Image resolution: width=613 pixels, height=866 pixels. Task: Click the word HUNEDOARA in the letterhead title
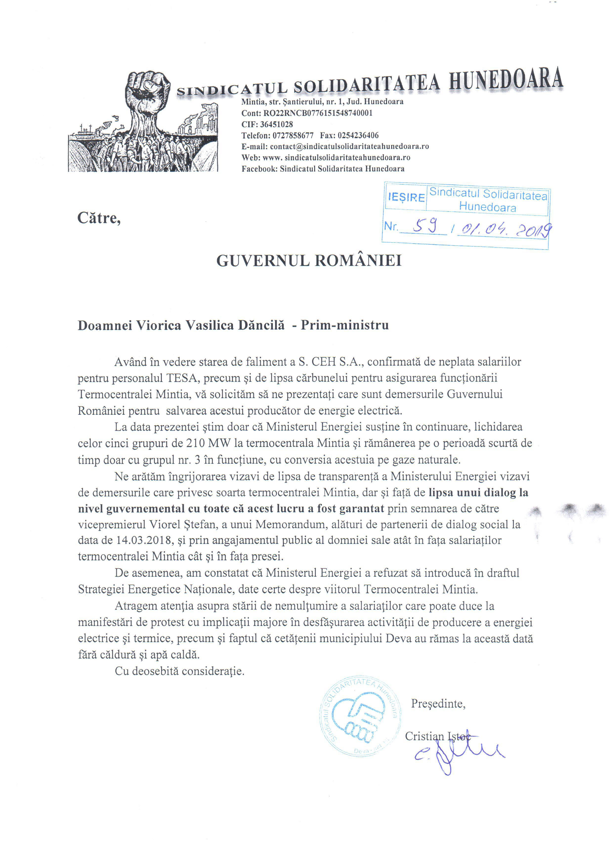click(506, 80)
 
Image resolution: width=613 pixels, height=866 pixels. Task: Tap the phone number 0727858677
click(293, 135)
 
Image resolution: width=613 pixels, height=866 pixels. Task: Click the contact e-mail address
click(349, 146)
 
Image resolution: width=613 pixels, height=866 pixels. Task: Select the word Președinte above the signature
click(438, 704)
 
